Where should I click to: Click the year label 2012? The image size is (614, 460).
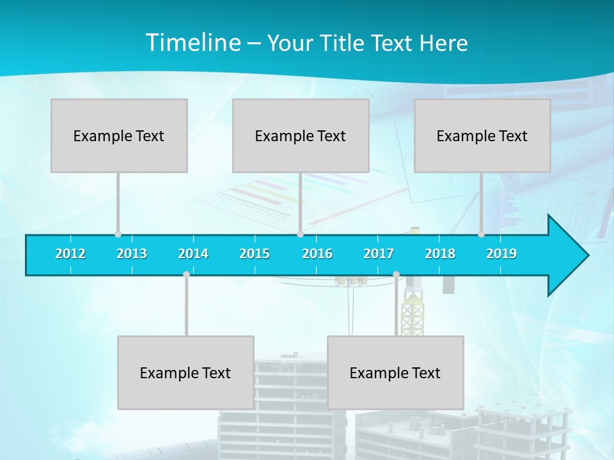tap(70, 254)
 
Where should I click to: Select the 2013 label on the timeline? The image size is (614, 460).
tap(132, 254)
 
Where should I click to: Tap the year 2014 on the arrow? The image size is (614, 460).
tap(193, 254)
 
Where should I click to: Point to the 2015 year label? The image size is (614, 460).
tap(255, 254)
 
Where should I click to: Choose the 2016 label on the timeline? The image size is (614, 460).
tap(317, 254)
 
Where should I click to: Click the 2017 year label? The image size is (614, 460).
tap(379, 254)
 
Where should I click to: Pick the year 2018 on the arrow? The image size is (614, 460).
tap(440, 254)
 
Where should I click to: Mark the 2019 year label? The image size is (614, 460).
tap(501, 254)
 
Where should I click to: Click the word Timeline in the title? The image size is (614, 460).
tap(193, 43)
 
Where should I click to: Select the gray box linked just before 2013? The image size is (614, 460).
tap(119, 135)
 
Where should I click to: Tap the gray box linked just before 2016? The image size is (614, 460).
tap(301, 135)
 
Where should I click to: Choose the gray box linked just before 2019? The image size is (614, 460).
tap(482, 135)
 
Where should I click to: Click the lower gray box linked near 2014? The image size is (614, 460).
tap(185, 372)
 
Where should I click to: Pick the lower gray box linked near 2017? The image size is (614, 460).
tap(395, 372)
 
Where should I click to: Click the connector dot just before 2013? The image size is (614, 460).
tap(118, 234)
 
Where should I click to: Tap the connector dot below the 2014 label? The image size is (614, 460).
tap(186, 275)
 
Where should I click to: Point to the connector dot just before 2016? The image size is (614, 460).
tap(300, 234)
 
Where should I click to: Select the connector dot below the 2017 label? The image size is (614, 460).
tap(396, 275)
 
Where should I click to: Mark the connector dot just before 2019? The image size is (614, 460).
tap(481, 234)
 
